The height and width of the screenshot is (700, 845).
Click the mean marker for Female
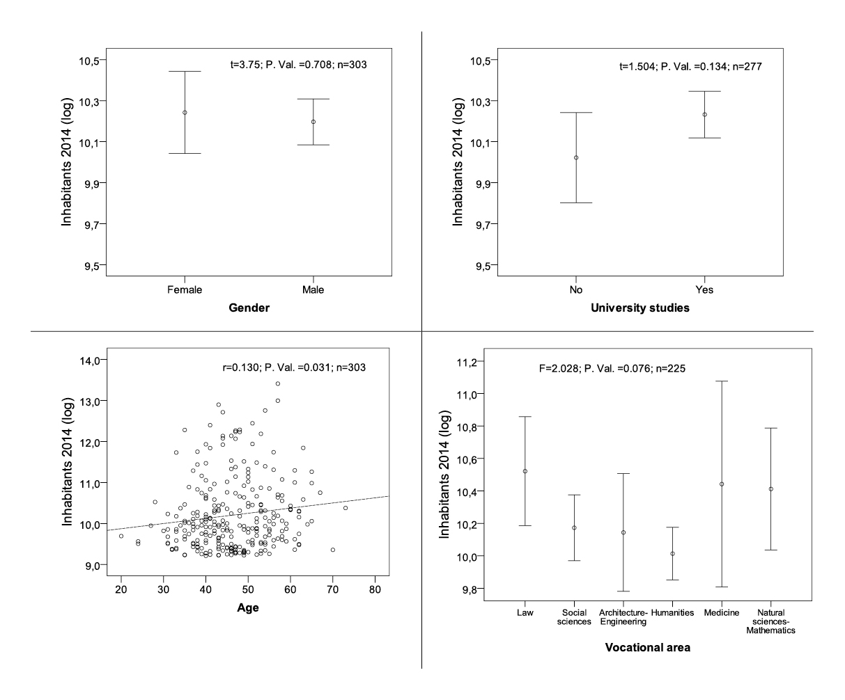(x=185, y=113)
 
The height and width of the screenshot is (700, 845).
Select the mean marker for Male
(x=313, y=122)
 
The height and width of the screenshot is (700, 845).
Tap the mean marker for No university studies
(x=576, y=158)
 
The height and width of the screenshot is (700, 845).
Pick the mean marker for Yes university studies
(x=705, y=115)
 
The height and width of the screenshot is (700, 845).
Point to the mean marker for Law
(x=525, y=471)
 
